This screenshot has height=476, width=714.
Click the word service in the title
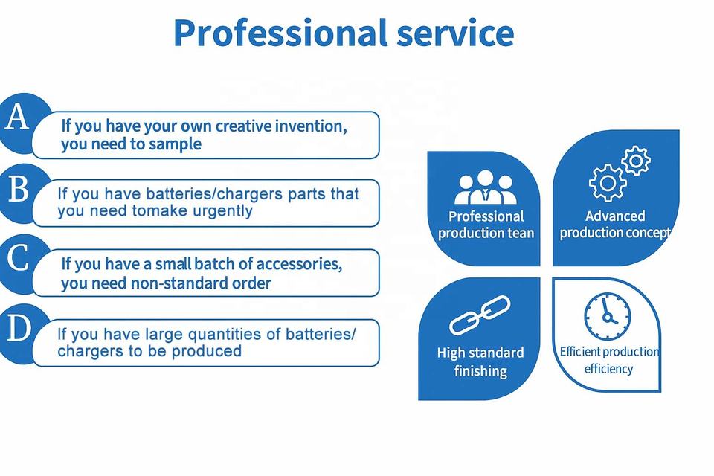(455, 33)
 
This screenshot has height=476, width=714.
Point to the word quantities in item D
(225, 335)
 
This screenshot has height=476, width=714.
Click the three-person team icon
(486, 187)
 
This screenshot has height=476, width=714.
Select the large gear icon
(607, 183)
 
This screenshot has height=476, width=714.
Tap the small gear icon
(636, 161)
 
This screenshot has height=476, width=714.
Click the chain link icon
(479, 315)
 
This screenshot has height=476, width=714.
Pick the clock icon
(608, 316)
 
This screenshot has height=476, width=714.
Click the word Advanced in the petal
(615, 216)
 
